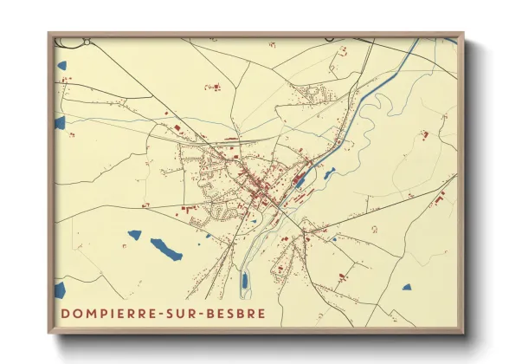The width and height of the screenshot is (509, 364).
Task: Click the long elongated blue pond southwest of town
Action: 165,249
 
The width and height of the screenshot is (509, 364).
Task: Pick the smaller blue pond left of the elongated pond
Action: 134,234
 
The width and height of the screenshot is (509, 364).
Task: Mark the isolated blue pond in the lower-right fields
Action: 406,287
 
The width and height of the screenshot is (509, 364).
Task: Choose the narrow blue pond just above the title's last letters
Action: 245,281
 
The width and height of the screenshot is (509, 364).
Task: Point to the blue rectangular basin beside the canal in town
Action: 300,181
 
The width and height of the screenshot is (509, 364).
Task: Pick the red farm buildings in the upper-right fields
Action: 424,134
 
